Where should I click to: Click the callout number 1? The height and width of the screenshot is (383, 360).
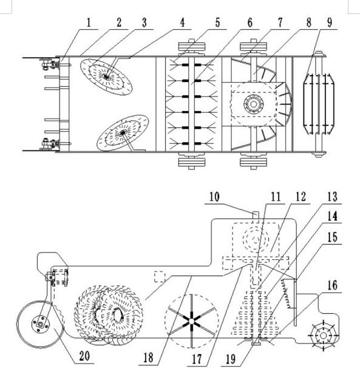[89, 22]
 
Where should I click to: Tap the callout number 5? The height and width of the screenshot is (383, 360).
[217, 22]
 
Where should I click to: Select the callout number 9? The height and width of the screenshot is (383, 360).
[330, 22]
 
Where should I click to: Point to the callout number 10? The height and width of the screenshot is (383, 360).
[214, 197]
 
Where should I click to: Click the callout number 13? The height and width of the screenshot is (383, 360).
[332, 197]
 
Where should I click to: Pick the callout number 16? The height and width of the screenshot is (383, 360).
[332, 285]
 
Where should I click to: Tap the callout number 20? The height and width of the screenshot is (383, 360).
[84, 356]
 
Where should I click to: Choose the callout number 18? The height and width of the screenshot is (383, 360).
[148, 358]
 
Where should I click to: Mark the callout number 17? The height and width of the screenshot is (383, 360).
[197, 359]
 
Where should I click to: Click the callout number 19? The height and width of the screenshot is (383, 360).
[231, 359]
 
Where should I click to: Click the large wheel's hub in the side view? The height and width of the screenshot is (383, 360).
[41, 324]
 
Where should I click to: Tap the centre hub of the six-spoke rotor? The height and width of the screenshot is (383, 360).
[191, 321]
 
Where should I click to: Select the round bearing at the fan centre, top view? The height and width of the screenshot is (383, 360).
[254, 104]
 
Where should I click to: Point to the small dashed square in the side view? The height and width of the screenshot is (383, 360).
[160, 277]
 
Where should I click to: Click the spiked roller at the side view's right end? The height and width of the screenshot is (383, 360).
[323, 336]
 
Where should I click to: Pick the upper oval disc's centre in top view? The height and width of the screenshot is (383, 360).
[106, 76]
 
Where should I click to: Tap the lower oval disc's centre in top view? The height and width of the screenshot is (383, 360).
[123, 133]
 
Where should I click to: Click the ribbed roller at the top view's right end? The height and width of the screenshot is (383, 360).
[319, 104]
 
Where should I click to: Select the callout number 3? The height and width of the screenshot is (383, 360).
[144, 22]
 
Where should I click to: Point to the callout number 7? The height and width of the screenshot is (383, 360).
[280, 22]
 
